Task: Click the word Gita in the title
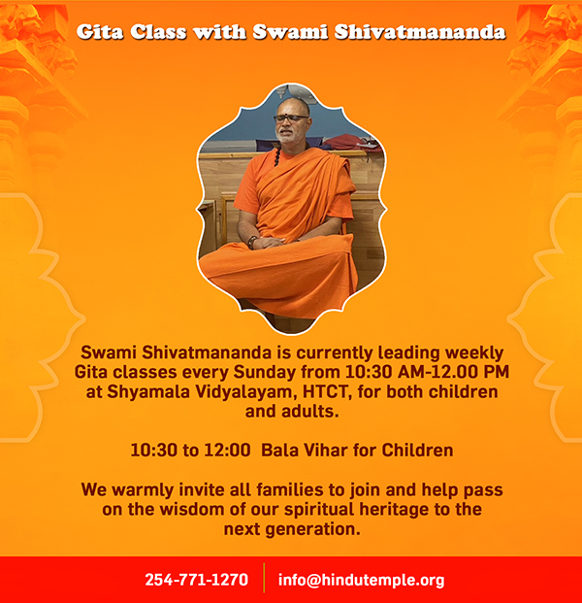pyautogui.click(x=100, y=32)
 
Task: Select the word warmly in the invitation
pyautogui.click(x=145, y=490)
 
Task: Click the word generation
pyautogui.click(x=312, y=529)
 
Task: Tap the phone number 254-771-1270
pyautogui.click(x=196, y=580)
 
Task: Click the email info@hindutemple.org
pyautogui.click(x=361, y=580)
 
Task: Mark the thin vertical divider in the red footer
pyautogui.click(x=264, y=578)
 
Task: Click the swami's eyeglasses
pyautogui.click(x=291, y=118)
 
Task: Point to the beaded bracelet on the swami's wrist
pyautogui.click(x=252, y=243)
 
